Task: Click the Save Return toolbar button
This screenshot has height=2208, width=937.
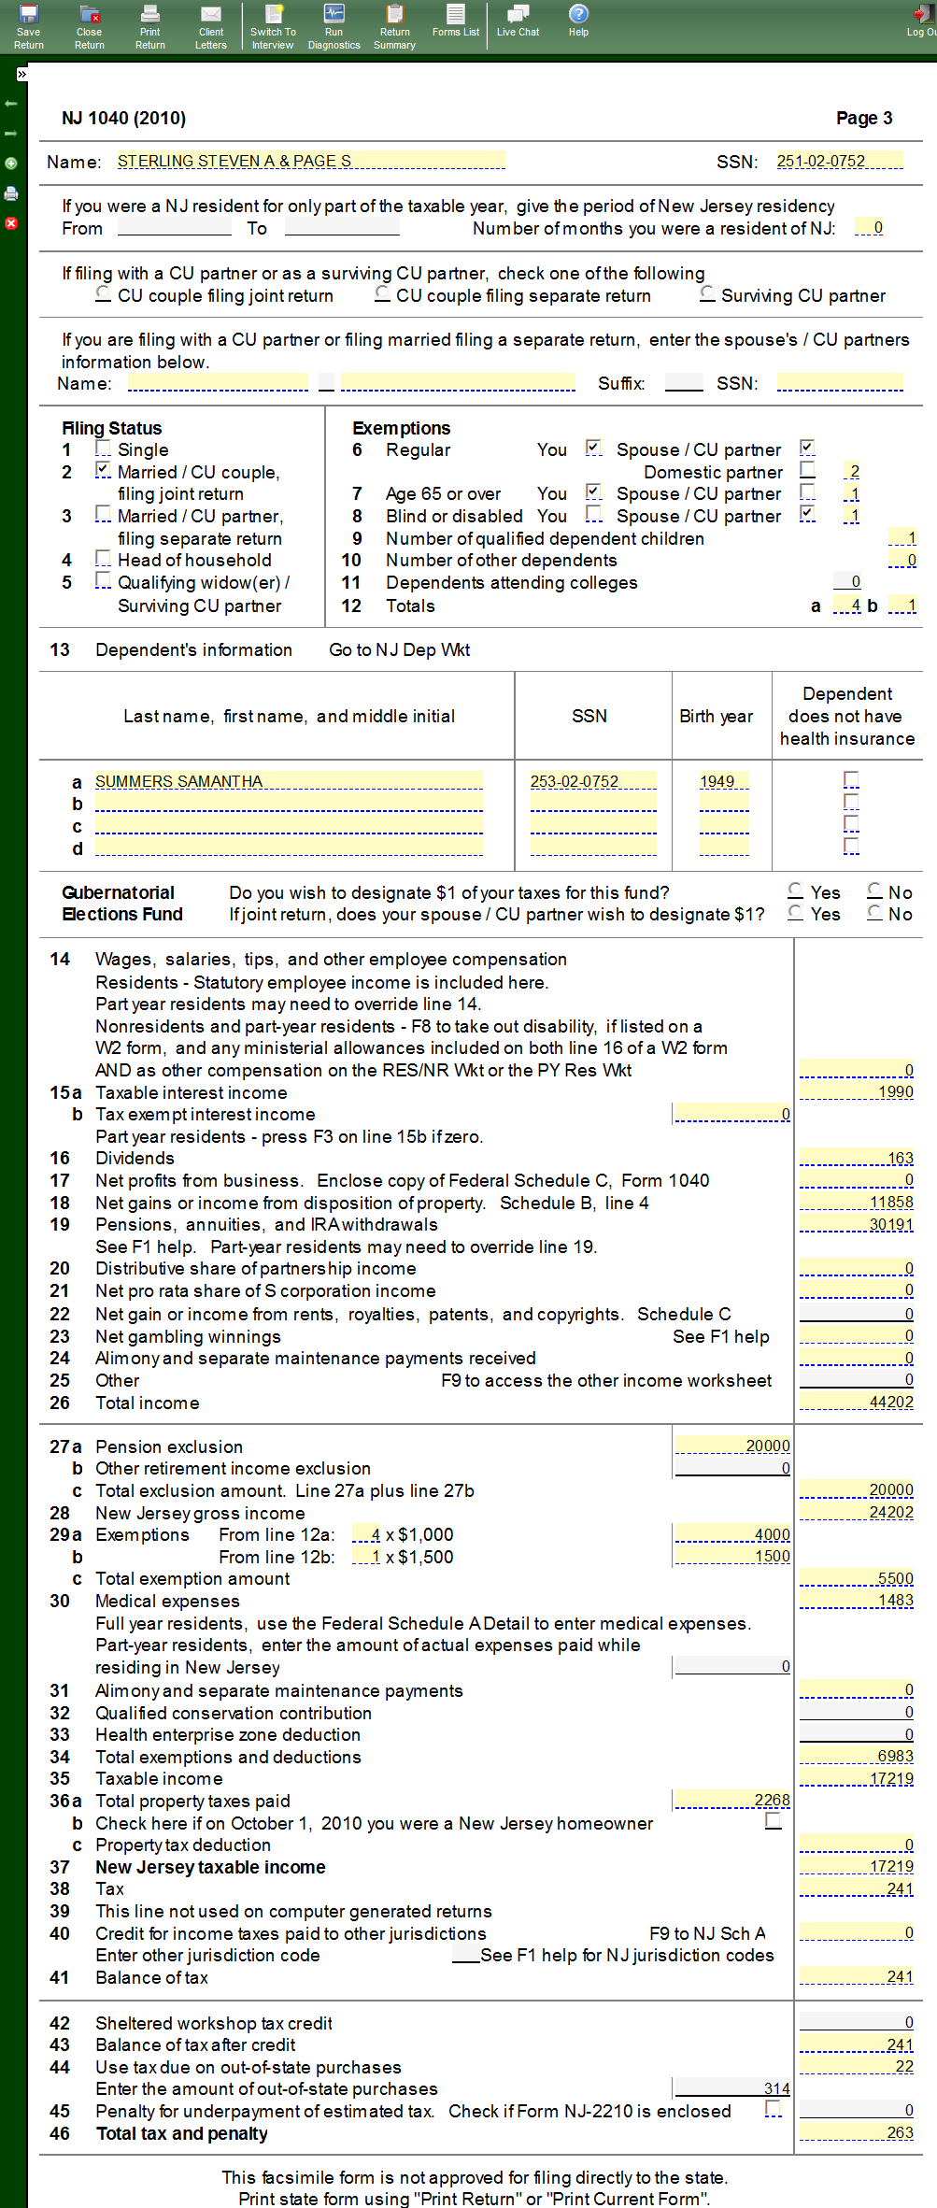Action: pos(28,25)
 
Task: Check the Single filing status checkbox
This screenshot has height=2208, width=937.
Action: pos(103,449)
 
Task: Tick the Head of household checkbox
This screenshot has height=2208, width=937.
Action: pos(103,560)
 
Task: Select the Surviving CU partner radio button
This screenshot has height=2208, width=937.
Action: pos(708,294)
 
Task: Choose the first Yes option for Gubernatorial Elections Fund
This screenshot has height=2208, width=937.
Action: pos(796,891)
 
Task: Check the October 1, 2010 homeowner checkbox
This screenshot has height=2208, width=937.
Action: pos(773,1821)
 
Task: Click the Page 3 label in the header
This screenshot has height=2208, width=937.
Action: pos(863,118)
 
